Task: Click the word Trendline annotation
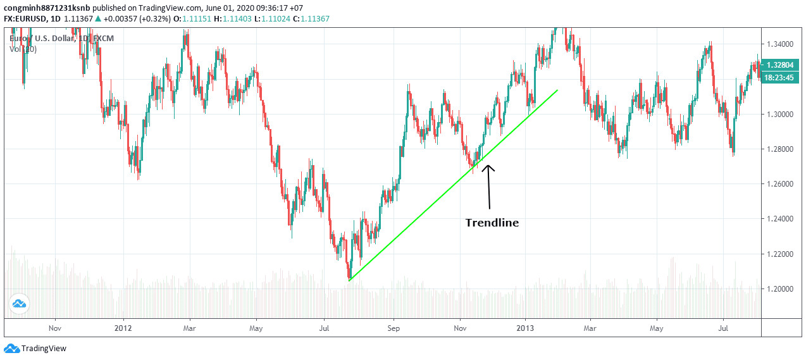coord(492,223)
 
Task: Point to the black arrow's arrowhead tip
coord(488,165)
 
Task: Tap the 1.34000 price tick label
coord(781,44)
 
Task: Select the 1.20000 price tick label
coord(781,289)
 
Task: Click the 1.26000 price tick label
coord(781,184)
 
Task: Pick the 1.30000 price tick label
coord(781,115)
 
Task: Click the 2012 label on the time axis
coord(123,328)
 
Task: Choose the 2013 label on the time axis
coord(524,328)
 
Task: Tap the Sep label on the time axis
coord(393,328)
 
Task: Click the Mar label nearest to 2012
coord(189,328)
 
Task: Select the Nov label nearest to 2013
coord(460,328)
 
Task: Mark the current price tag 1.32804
coord(783,65)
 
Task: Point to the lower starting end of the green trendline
coord(349,280)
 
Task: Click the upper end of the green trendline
coord(557,90)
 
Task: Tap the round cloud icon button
coord(19,305)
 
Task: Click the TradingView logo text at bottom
coord(43,349)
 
